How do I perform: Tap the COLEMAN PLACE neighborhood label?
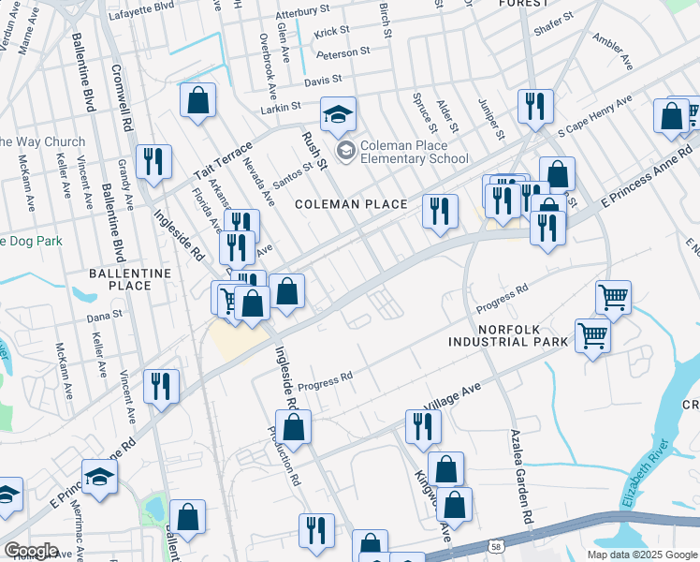tap(351, 204)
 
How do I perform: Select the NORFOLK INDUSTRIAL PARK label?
tap(523, 336)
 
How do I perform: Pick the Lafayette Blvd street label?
tap(140, 6)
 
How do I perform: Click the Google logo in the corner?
tap(31, 550)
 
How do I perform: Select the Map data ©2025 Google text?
tap(642, 555)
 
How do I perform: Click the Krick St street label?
tap(331, 32)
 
